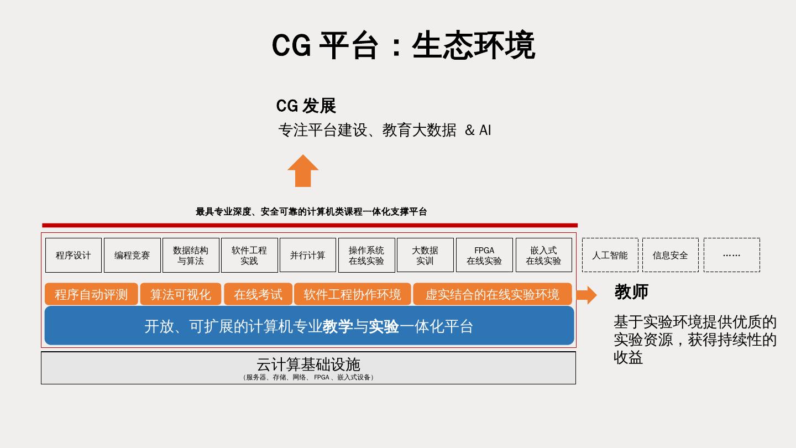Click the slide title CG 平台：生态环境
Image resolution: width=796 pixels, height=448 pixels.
click(x=403, y=45)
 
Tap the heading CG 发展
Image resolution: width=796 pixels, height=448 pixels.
click(x=306, y=106)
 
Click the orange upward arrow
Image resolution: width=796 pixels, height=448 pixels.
click(x=303, y=171)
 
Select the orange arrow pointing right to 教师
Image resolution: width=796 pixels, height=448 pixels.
click(x=586, y=295)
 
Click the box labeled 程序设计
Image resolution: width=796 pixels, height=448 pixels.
click(x=74, y=255)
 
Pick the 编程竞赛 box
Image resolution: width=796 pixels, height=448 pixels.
click(x=132, y=255)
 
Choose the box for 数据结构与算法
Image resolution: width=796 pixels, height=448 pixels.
click(x=191, y=255)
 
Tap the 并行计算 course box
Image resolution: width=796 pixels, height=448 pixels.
click(x=308, y=255)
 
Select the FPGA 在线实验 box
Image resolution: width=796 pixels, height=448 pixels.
click(x=484, y=255)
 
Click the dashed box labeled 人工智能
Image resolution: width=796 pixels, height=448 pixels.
click(x=610, y=255)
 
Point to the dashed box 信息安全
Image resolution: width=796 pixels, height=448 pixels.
click(x=670, y=255)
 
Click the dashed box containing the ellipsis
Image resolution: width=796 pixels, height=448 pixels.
click(x=731, y=255)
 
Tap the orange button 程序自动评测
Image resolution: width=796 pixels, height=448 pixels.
click(x=91, y=294)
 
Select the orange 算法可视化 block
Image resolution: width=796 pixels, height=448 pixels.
click(x=181, y=294)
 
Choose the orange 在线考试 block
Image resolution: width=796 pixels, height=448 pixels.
click(x=258, y=294)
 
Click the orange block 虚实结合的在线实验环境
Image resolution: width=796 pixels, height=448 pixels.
click(x=492, y=294)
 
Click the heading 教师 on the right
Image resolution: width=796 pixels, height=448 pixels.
click(x=631, y=291)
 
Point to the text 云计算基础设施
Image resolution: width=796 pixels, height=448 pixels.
click(x=308, y=364)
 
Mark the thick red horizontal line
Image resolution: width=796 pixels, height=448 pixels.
click(x=310, y=225)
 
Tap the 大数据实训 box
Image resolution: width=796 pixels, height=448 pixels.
click(x=425, y=255)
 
